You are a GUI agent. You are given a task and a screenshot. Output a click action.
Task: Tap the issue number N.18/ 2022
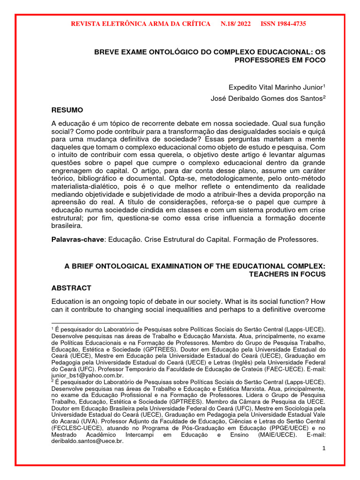[x=235, y=24]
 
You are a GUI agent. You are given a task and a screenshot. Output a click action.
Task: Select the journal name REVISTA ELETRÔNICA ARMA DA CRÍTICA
[x=140, y=24]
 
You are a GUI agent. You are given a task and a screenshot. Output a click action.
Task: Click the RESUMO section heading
[x=67, y=110]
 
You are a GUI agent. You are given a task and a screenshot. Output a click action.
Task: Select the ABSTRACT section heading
[x=71, y=288]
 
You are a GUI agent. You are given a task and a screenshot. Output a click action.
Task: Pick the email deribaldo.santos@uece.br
[x=87, y=441]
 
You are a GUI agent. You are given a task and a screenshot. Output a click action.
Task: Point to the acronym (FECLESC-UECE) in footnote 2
[x=74, y=428]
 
